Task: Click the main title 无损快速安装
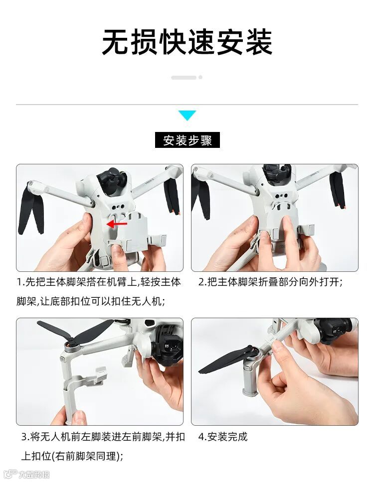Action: click(x=187, y=42)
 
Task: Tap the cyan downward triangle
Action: click(x=187, y=116)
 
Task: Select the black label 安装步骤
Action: click(x=187, y=140)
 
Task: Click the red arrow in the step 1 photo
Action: click(x=117, y=224)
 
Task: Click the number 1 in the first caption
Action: click(x=19, y=282)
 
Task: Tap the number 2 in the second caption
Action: click(x=201, y=282)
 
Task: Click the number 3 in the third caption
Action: click(x=24, y=437)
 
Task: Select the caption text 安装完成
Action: click(x=227, y=437)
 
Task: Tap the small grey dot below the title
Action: click(x=200, y=78)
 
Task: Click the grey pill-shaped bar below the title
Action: click(x=184, y=78)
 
